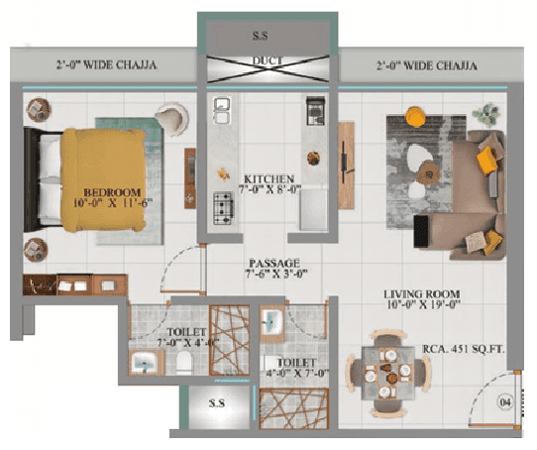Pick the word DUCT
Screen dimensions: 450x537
(268, 61)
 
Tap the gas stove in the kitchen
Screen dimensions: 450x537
(224, 208)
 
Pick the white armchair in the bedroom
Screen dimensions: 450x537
(170, 118)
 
